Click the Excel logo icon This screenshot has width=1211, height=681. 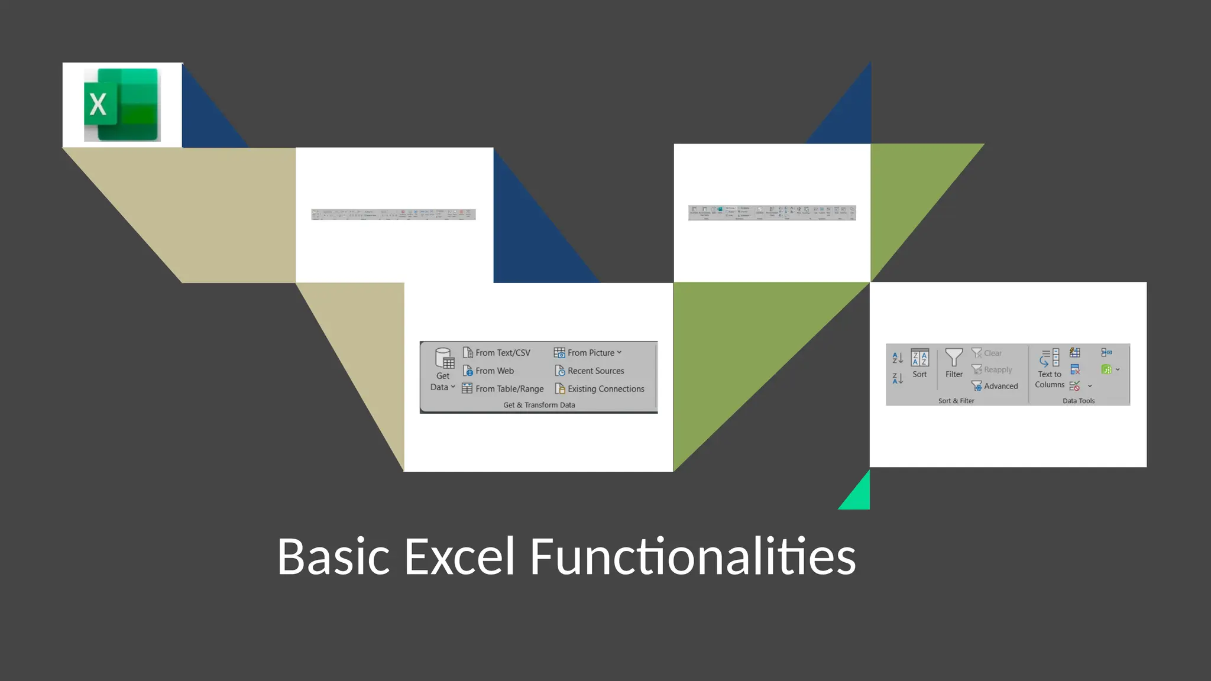[x=122, y=105]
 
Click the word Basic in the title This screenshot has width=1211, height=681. [x=333, y=556]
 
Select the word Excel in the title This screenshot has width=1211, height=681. [x=459, y=556]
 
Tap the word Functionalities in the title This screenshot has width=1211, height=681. [x=692, y=556]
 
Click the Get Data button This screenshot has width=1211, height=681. [x=443, y=369]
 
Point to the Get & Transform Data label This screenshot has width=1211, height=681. [x=539, y=405]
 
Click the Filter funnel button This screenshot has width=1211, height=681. [x=954, y=363]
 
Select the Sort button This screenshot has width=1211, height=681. [x=919, y=363]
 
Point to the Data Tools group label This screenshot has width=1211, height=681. [x=1079, y=401]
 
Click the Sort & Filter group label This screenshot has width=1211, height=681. [x=956, y=401]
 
